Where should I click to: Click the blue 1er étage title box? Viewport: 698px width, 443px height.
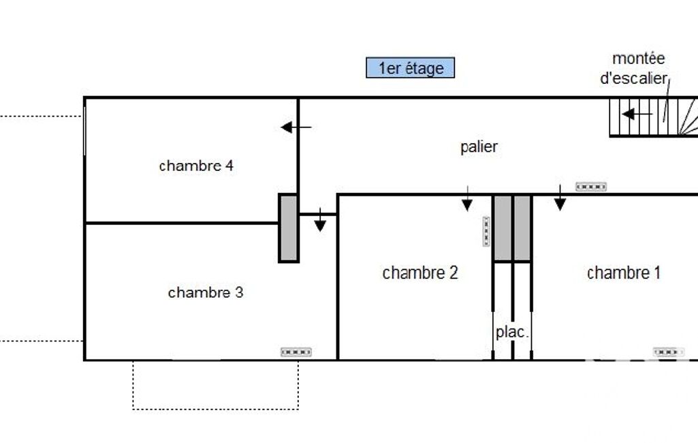coord(410,68)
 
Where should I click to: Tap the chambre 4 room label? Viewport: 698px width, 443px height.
coord(196,166)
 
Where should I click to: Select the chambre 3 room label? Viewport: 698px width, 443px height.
coord(205,292)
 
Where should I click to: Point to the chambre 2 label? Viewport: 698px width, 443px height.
coord(419,273)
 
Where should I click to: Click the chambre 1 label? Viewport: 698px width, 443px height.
coord(623,273)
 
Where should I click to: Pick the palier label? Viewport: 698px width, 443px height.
coord(479,147)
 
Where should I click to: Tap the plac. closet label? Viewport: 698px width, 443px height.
coord(512,333)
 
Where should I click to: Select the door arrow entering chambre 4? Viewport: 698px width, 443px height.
coord(296,127)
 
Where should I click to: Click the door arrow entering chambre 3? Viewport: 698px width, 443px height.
coord(320,222)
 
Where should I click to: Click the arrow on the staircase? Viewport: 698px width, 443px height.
coord(637,114)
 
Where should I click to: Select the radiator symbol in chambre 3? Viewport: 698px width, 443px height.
coord(296,352)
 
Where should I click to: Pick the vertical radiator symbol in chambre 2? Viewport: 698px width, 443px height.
coord(486,231)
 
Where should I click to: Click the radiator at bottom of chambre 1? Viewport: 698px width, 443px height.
coord(669,352)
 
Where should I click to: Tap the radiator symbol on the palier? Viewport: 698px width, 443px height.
coord(590,187)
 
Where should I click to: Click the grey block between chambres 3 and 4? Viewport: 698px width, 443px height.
coord(289,228)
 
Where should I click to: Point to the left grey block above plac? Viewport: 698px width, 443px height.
coord(503,228)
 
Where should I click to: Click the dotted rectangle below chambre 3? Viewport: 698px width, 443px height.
coord(215,385)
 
